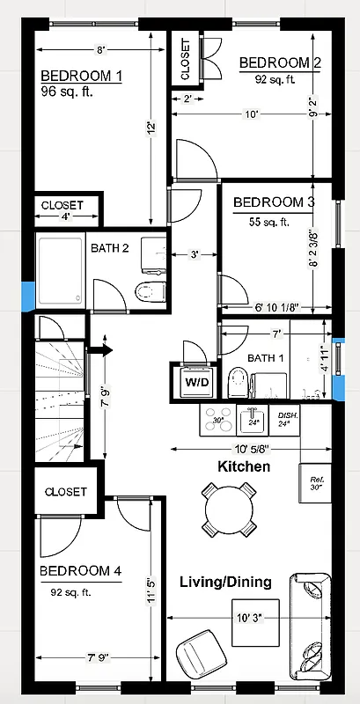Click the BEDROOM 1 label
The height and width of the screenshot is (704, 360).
(x=81, y=75)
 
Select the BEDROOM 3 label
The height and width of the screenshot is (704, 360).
(x=274, y=202)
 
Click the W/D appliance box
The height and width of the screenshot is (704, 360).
(x=195, y=382)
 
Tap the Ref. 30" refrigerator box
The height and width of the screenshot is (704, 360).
(x=315, y=481)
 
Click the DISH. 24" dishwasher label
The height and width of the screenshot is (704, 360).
(x=288, y=419)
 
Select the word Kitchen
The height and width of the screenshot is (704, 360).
(x=244, y=466)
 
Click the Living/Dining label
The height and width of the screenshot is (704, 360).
(x=225, y=582)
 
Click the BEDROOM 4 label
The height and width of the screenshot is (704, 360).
(x=80, y=571)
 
